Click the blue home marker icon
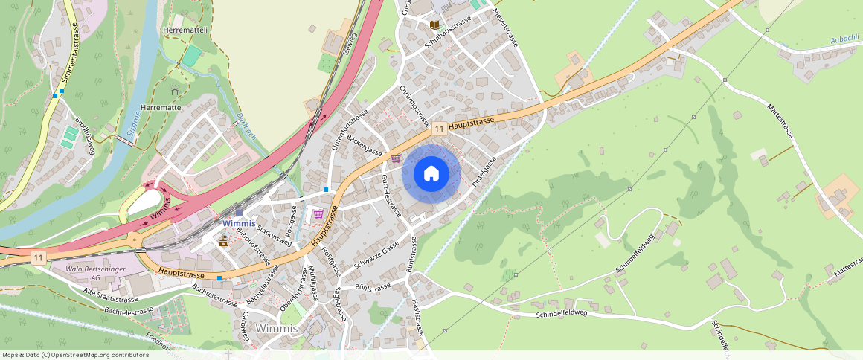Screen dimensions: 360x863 pos(431,174)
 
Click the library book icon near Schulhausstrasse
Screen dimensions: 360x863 pos(435,25)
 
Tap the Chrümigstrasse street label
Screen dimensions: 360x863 pos(415,106)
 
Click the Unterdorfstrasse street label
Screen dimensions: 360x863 pos(350,131)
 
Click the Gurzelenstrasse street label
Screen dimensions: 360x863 pos(391,195)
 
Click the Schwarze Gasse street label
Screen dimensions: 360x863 pos(377,257)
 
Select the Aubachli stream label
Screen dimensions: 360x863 pos(844,38)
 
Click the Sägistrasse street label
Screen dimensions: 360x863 pos(341,303)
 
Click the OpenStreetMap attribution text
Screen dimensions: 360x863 pos(74,355)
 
